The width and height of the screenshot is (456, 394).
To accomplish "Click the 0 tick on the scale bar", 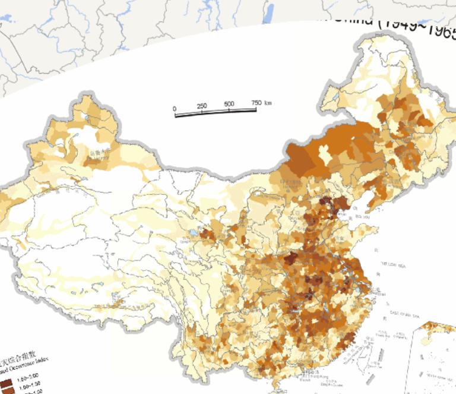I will pos(175,109).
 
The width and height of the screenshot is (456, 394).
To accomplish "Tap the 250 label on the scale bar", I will pos(202,106).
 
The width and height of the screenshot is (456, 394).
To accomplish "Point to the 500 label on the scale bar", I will pos(229,105).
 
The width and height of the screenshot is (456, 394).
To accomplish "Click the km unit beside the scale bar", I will pos(268,102).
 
